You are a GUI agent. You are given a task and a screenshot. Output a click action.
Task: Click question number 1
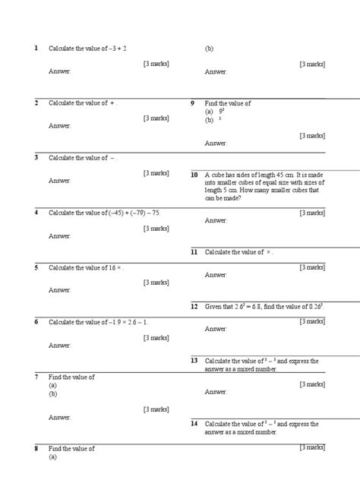36,48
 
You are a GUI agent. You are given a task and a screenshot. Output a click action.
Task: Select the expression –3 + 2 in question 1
117,48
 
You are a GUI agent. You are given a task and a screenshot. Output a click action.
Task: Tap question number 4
36,212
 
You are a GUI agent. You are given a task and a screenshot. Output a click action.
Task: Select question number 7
36,377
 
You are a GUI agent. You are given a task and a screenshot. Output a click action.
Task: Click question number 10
194,175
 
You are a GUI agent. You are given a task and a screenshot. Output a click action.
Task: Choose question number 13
194,361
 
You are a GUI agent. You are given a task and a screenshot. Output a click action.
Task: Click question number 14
194,423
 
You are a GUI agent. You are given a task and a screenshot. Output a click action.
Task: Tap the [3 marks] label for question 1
156,64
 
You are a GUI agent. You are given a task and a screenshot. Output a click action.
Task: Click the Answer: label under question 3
60,181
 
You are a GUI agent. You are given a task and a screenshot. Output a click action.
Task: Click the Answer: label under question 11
216,275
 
